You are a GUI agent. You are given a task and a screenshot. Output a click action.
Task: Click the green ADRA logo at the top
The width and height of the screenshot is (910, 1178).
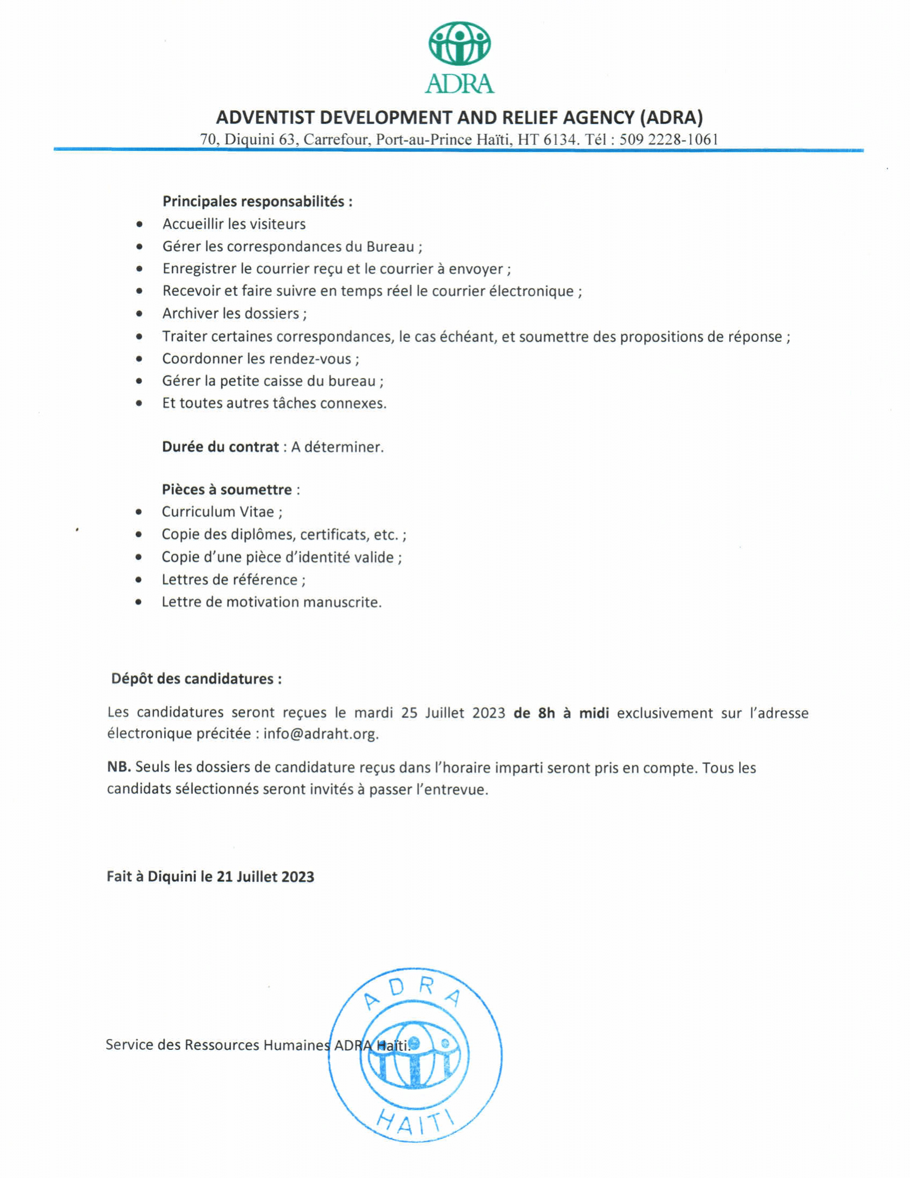[x=459, y=57]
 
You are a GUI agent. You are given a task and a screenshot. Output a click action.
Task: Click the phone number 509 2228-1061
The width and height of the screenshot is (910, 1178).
[x=668, y=140]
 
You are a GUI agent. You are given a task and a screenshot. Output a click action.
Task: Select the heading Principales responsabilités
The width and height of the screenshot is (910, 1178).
[x=257, y=202]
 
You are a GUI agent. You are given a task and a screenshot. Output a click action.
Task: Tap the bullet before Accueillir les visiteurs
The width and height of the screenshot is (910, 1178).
[x=140, y=224]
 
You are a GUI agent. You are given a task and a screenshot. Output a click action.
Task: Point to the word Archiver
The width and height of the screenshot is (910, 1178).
[x=192, y=313]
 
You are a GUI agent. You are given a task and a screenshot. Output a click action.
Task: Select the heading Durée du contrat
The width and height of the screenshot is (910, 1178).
[x=220, y=447]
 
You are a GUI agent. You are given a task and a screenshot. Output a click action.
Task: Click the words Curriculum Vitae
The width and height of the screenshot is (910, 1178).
[x=217, y=512]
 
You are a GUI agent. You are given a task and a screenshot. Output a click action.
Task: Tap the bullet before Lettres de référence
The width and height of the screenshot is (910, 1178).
[x=139, y=580]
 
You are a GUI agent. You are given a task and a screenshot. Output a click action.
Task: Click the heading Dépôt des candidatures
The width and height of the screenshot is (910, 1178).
[x=196, y=678]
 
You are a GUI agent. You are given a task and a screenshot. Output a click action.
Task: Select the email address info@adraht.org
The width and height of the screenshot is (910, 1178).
[x=321, y=734]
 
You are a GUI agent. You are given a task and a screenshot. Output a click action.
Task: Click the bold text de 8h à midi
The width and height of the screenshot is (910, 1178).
[x=561, y=713]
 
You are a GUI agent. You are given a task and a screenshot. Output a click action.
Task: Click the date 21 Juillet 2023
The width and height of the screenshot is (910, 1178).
[x=265, y=876]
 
